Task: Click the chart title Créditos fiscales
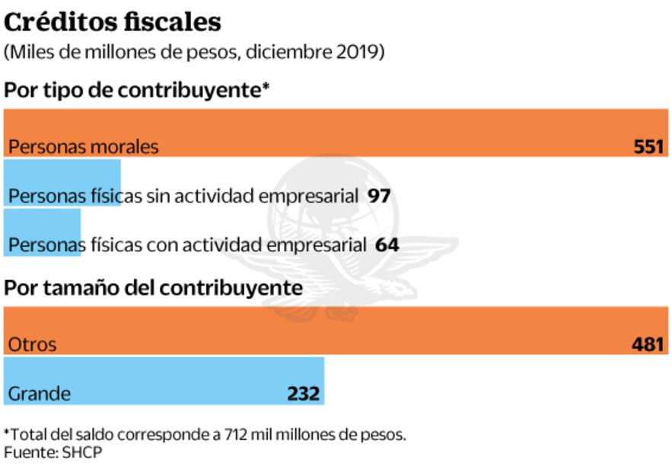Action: tap(113, 22)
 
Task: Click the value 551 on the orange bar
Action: tap(648, 146)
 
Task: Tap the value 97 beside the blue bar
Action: tap(378, 196)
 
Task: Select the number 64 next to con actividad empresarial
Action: tap(387, 245)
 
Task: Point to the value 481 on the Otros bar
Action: tap(648, 344)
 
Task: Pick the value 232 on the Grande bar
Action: tap(303, 394)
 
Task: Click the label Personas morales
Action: tap(84, 146)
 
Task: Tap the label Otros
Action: tap(32, 344)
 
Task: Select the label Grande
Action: tap(39, 394)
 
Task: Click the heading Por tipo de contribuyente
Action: tap(134, 91)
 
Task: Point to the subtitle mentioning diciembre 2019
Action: tap(194, 53)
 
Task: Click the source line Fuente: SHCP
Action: tap(53, 452)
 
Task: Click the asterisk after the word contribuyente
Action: tap(266, 89)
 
